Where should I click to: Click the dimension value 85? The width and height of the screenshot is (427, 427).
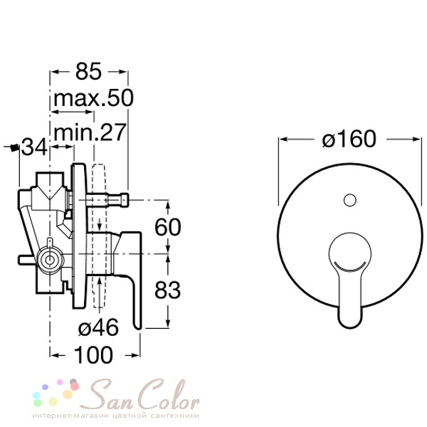88,71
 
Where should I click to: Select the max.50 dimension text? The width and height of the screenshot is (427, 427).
94,98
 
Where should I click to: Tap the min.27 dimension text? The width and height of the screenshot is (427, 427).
90,132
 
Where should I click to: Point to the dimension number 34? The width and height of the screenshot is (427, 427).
34,147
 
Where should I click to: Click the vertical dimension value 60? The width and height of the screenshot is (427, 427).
167,227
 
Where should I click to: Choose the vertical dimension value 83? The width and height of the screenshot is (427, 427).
167,290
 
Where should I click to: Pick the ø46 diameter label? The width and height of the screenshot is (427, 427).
98,327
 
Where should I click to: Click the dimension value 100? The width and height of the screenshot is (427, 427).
93,355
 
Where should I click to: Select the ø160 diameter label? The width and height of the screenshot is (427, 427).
349,139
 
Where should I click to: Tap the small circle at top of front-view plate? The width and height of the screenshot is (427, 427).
350,200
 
